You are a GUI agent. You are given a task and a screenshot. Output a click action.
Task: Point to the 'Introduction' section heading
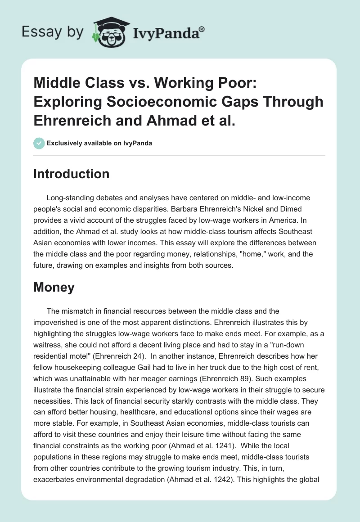[71, 174]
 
